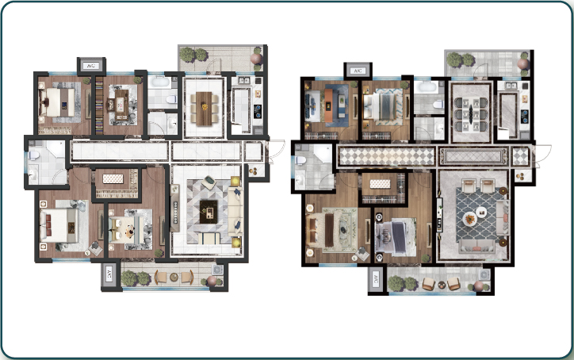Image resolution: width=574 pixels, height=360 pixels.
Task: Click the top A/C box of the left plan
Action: tap(91, 66)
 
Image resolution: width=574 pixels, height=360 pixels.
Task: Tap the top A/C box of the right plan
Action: tap(358, 71)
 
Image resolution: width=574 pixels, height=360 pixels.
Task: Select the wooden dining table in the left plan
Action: tap(204, 109)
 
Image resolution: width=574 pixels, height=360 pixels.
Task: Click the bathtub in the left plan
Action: tap(161, 81)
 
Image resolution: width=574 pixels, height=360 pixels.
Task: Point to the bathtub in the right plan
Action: tap(427, 86)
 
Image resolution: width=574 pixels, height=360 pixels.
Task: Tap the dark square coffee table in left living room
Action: tap(209, 211)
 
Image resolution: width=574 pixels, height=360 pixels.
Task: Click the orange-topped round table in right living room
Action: tap(469, 219)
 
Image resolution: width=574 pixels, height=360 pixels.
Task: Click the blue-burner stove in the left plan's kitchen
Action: tap(258, 111)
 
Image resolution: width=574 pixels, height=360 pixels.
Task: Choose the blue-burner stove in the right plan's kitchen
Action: tap(525, 116)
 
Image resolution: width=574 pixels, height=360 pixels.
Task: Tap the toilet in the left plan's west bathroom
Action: tap(33, 155)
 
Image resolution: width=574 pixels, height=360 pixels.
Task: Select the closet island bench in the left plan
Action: tap(113, 178)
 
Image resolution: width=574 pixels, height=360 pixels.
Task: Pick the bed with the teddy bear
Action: tap(124, 230)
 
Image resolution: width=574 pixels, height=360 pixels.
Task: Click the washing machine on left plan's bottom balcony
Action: tap(217, 270)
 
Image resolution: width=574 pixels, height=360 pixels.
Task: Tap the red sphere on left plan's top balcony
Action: tap(256, 59)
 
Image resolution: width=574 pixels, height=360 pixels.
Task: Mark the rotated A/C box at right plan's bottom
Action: tap(376, 281)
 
